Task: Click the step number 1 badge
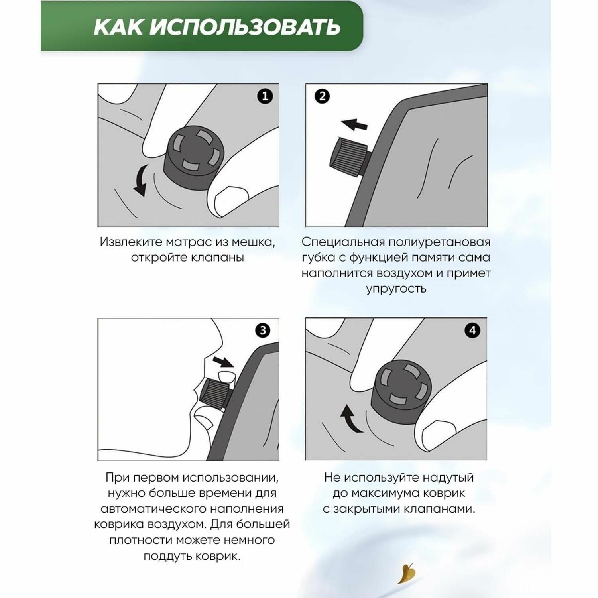point(265,96)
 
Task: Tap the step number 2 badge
point(322,96)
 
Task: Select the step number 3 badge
point(263,330)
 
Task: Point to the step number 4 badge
point(473,330)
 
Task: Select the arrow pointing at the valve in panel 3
point(223,362)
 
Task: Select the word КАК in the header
point(118,27)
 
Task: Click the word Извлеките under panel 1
point(131,242)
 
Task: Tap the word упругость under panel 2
point(396,289)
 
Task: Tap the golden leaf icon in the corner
point(407,573)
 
